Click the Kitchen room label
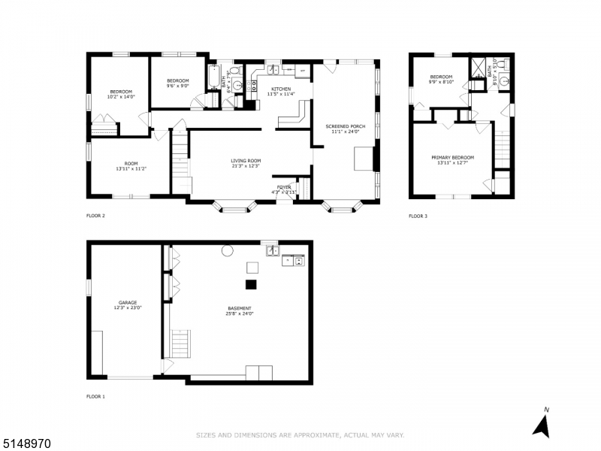(x=281, y=91)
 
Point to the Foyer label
(x=284, y=189)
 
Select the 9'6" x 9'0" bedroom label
(x=177, y=83)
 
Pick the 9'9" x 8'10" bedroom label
(x=441, y=80)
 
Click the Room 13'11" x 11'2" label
(x=131, y=167)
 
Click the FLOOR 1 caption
(x=95, y=396)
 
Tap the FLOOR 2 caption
(x=95, y=216)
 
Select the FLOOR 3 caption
(x=418, y=216)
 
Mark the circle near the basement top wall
(x=226, y=252)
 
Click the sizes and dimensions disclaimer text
(x=300, y=435)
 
